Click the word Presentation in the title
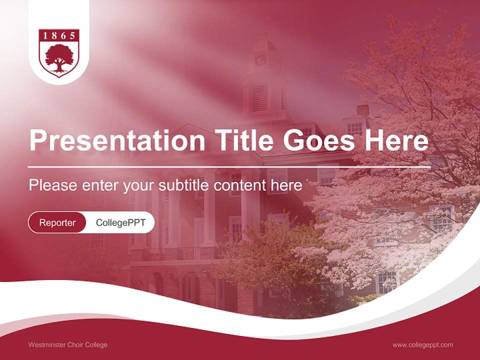[117, 141]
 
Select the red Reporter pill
[57, 222]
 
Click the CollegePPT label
[120, 222]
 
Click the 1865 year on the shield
[59, 35]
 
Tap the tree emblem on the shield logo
[59, 59]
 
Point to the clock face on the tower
[260, 60]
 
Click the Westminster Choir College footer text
[68, 344]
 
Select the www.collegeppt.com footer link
[422, 344]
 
